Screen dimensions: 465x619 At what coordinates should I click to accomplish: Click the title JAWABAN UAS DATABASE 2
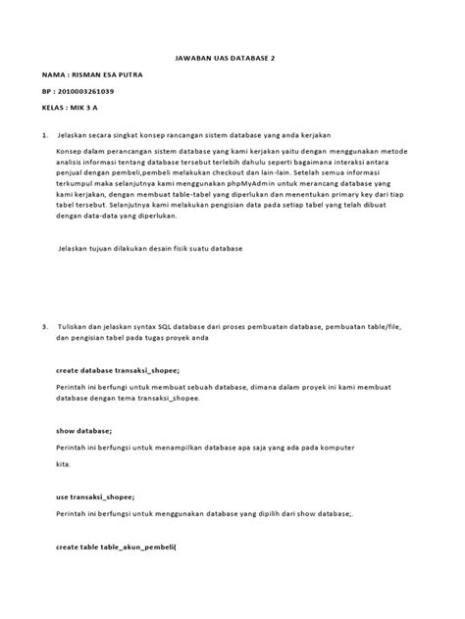(x=232, y=58)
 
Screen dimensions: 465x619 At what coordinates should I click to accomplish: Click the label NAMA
(x=53, y=74)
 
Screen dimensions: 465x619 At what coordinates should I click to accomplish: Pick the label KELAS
(x=54, y=108)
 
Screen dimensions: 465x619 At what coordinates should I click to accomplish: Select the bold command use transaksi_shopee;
(x=95, y=496)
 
